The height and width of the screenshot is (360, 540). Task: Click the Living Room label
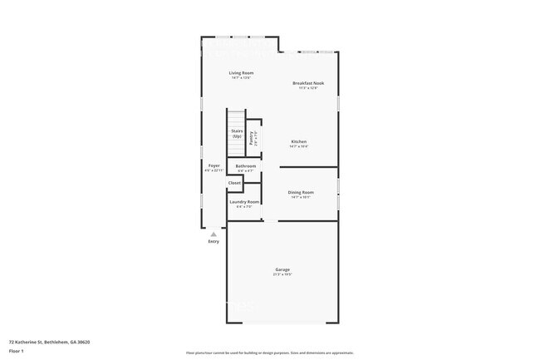pos(242,73)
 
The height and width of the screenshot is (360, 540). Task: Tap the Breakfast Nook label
pos(308,82)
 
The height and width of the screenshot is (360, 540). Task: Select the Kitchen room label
pos(299,141)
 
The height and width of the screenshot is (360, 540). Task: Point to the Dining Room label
pos(301,192)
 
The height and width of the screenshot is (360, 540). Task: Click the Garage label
pos(282,269)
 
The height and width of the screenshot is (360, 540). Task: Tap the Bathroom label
pos(246,166)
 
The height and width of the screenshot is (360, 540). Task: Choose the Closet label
pos(234,183)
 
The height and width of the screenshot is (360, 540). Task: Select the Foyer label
pos(214,165)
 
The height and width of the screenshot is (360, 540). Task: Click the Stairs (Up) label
pos(237,133)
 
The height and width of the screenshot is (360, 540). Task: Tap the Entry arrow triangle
pos(214,234)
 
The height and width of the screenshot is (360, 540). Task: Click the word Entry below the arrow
pos(214,242)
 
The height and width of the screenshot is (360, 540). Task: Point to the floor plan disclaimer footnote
pos(270,353)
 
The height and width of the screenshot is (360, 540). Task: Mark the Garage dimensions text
pos(282,274)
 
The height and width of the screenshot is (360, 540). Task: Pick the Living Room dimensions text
pos(242,77)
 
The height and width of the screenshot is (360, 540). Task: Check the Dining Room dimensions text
pos(301,197)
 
